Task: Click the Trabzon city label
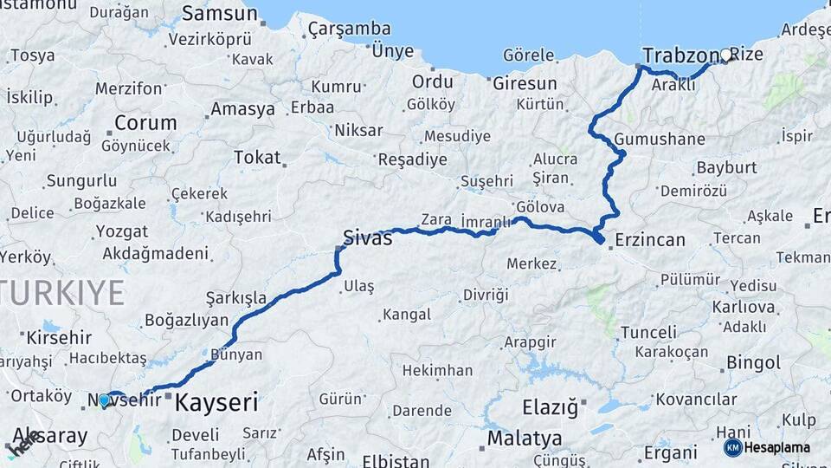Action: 675,55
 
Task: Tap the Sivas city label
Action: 367,237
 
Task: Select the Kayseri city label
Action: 216,402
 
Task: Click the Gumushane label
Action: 660,140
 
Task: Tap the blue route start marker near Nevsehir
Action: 104,400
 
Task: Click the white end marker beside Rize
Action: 725,55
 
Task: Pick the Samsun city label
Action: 220,15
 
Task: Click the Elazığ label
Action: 551,406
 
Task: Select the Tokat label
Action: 257,158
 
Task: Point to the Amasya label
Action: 242,110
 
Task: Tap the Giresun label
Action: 525,84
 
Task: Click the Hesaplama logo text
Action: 777,448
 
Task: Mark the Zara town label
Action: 436,219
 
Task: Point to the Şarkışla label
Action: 235,299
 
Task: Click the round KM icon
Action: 732,447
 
